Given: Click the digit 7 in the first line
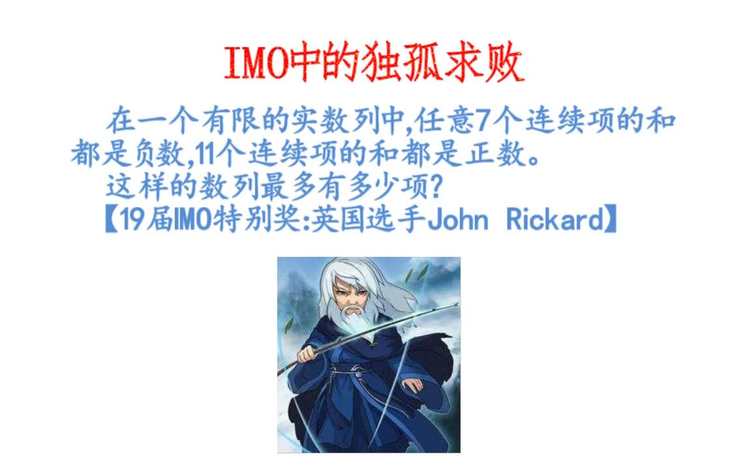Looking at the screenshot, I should coord(482,122).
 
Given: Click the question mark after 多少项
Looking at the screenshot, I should coord(436,188).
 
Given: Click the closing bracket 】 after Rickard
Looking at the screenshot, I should coord(612,221).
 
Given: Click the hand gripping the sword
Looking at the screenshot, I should coord(308,355).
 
